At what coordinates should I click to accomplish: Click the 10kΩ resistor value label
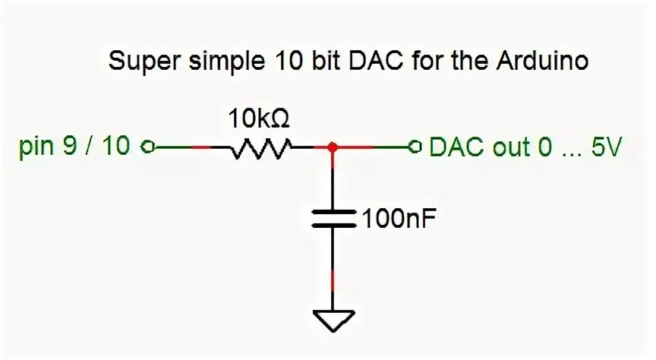coord(259,118)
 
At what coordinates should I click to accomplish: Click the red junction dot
coord(333,147)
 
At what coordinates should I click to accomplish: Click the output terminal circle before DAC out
coord(414,147)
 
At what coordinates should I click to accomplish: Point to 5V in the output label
coord(607,147)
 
